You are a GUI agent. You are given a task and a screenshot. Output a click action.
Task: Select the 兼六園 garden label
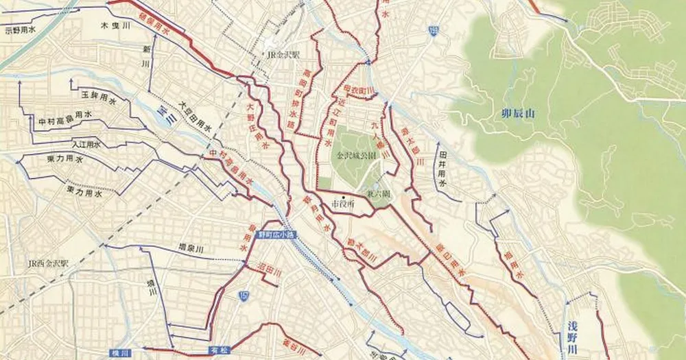coord(378,194)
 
